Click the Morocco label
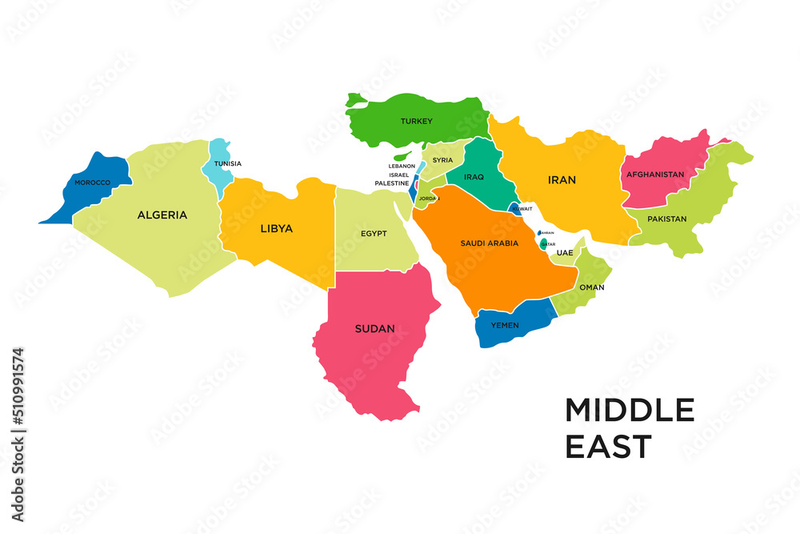pos(92,183)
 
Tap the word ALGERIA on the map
pos(162,215)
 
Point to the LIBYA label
pos(276,228)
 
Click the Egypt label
pos(374,234)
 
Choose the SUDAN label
pos(375,328)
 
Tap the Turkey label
pos(416,122)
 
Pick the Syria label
pos(442,160)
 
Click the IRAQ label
pos(474,176)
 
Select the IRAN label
pos(562,180)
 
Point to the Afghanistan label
pos(655,175)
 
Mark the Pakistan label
pos(667,219)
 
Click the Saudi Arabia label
pos(490,243)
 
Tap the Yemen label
pos(506,326)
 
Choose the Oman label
pos(591,287)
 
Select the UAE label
pos(565,253)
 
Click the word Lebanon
pos(402,167)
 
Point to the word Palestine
pos(392,183)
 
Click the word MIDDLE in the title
pos(630,410)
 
